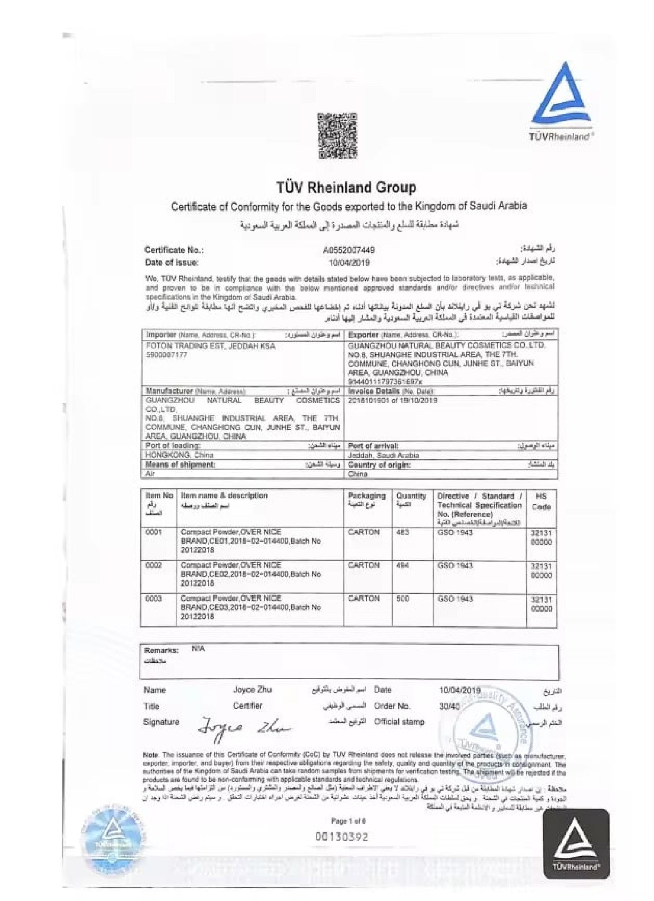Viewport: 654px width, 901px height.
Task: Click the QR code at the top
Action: pos(337,136)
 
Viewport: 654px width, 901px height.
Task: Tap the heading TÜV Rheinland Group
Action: pos(346,187)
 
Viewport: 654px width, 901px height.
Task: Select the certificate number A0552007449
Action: pos(349,250)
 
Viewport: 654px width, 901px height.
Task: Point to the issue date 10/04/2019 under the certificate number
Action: pos(349,263)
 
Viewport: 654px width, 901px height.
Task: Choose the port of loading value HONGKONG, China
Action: pos(179,455)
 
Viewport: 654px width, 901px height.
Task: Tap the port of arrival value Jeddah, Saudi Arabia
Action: pos(383,455)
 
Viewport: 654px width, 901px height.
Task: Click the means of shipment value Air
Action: pos(150,474)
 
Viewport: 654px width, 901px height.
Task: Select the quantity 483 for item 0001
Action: pos(402,532)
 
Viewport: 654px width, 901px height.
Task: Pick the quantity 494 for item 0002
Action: pos(402,565)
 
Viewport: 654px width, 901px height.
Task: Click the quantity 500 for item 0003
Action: pos(402,598)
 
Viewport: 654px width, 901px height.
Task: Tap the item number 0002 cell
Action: pos(154,565)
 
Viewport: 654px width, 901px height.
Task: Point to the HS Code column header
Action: pos(541,502)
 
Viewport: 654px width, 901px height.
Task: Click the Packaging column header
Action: pos(366,496)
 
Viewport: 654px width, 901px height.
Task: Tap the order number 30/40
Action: pos(449,706)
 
